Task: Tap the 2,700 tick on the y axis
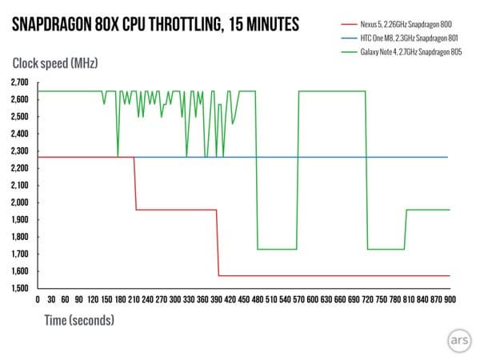coord(19,82)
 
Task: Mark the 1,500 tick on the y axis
coord(19,288)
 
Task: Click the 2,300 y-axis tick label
coord(19,151)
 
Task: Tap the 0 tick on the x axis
coord(38,298)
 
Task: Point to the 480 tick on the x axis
coord(256,298)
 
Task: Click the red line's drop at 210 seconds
coord(134,184)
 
